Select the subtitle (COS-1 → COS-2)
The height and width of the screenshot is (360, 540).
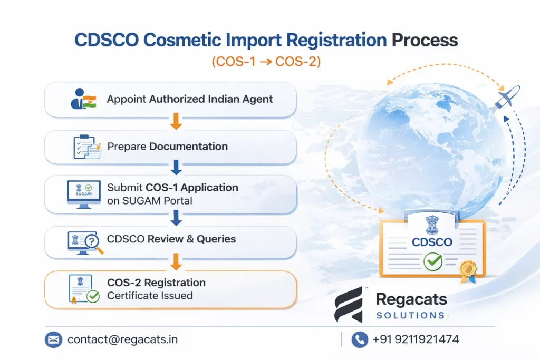266,62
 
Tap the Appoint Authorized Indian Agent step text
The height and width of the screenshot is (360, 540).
190,99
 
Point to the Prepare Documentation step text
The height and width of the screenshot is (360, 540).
168,147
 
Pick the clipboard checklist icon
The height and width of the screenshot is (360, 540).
86,147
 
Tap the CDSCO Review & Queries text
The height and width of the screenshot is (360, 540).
171,239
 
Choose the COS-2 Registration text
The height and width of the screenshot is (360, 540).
156,283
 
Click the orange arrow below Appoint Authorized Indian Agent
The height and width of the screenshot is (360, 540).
177,123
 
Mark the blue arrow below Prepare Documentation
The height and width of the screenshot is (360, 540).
177,168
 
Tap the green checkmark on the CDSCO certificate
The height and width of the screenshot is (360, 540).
432,260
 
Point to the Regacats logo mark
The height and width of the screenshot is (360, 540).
350,307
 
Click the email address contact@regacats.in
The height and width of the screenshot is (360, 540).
122,339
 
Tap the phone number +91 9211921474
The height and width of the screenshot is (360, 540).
416,339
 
